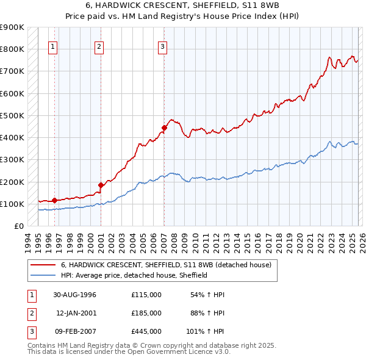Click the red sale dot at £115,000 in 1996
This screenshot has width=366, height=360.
coord(54,200)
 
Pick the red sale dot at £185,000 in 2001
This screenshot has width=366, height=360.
coord(100,184)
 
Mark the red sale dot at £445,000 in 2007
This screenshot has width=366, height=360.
coord(164,128)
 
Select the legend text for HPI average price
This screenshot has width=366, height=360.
coord(134,275)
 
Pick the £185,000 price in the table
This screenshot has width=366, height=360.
coord(146,313)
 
